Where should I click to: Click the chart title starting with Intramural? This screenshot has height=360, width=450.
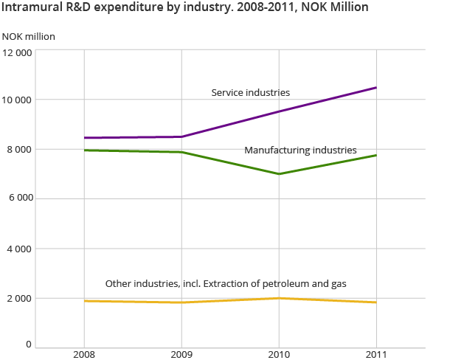click(x=185, y=7)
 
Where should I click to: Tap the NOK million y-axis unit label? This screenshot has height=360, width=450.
click(x=29, y=36)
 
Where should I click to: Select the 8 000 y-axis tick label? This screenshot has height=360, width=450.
click(x=19, y=150)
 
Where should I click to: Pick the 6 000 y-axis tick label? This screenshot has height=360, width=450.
click(x=19, y=199)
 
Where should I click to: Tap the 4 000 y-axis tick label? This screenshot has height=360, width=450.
click(x=19, y=249)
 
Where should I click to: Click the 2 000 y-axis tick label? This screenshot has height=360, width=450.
click(x=19, y=298)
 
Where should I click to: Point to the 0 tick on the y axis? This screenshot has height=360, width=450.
click(x=29, y=344)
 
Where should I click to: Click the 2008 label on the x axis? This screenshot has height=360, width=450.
click(x=85, y=353)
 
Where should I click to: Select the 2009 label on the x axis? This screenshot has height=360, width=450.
click(x=181, y=353)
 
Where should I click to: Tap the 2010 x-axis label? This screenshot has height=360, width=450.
click(x=279, y=353)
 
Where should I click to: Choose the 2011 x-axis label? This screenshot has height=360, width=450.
click(x=376, y=353)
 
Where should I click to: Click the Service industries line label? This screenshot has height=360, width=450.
click(x=250, y=93)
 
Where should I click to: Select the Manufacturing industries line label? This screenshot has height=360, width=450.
click(x=300, y=150)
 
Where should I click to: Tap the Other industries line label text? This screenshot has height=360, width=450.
click(x=226, y=283)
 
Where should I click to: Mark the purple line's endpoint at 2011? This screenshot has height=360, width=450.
click(x=376, y=88)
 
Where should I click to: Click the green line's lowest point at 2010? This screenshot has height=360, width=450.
click(x=279, y=174)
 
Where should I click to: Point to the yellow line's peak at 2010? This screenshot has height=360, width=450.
click(x=279, y=298)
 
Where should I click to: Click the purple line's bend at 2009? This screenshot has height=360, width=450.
click(x=181, y=136)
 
